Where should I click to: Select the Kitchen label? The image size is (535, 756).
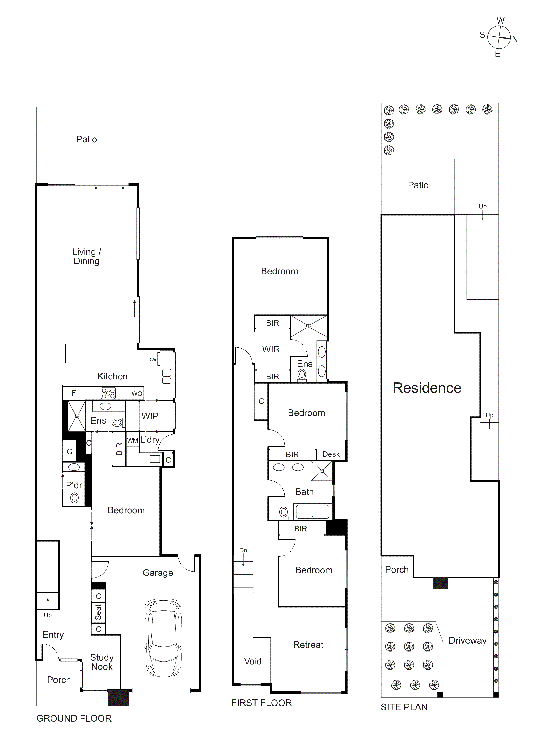pyautogui.click(x=112, y=376)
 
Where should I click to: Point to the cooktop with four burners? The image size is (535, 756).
pyautogui.click(x=108, y=393)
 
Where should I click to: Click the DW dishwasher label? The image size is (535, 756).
pyautogui.click(x=152, y=360)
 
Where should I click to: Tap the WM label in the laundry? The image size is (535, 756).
pyautogui.click(x=132, y=441)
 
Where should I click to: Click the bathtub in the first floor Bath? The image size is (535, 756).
pyautogui.click(x=312, y=512)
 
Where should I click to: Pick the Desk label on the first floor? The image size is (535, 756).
pyautogui.click(x=331, y=454)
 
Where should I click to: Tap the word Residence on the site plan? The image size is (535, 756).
pyautogui.click(x=427, y=388)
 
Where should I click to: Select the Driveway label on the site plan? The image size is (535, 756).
pyautogui.click(x=468, y=640)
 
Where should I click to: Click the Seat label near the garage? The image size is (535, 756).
pyautogui.click(x=98, y=612)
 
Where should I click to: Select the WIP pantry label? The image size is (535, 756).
pyautogui.click(x=150, y=416)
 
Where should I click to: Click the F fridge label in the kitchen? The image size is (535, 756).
pyautogui.click(x=74, y=393)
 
